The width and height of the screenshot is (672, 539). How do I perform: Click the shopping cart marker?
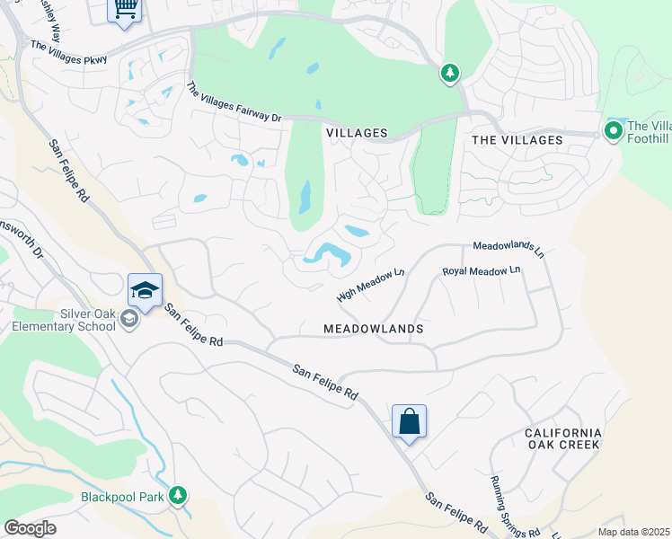pyautogui.click(x=124, y=10)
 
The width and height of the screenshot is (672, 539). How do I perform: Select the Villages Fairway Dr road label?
pyautogui.click(x=234, y=103)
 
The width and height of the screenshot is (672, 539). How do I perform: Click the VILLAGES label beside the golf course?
pyautogui.click(x=357, y=133)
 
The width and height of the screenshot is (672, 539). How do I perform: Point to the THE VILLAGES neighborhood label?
pyautogui.click(x=517, y=140)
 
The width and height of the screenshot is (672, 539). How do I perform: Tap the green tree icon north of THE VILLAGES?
pyautogui.click(x=450, y=73)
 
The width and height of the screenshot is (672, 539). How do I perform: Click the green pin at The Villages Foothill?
pyautogui.click(x=615, y=132)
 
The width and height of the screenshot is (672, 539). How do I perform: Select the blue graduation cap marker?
pyautogui.click(x=145, y=291)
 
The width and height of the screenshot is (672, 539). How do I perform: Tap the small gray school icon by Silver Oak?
pyautogui.click(x=129, y=320)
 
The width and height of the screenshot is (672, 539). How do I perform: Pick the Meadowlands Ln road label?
pyautogui.click(x=508, y=249)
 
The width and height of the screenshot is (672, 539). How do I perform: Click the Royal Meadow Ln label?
pyautogui.click(x=482, y=270)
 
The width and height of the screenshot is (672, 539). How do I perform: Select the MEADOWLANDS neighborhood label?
pyautogui.click(x=373, y=329)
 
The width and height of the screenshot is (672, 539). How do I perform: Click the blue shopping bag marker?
pyautogui.click(x=409, y=421)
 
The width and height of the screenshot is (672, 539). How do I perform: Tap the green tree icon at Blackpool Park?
pyautogui.click(x=178, y=495)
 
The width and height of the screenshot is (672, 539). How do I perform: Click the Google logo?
pyautogui.click(x=31, y=528)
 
